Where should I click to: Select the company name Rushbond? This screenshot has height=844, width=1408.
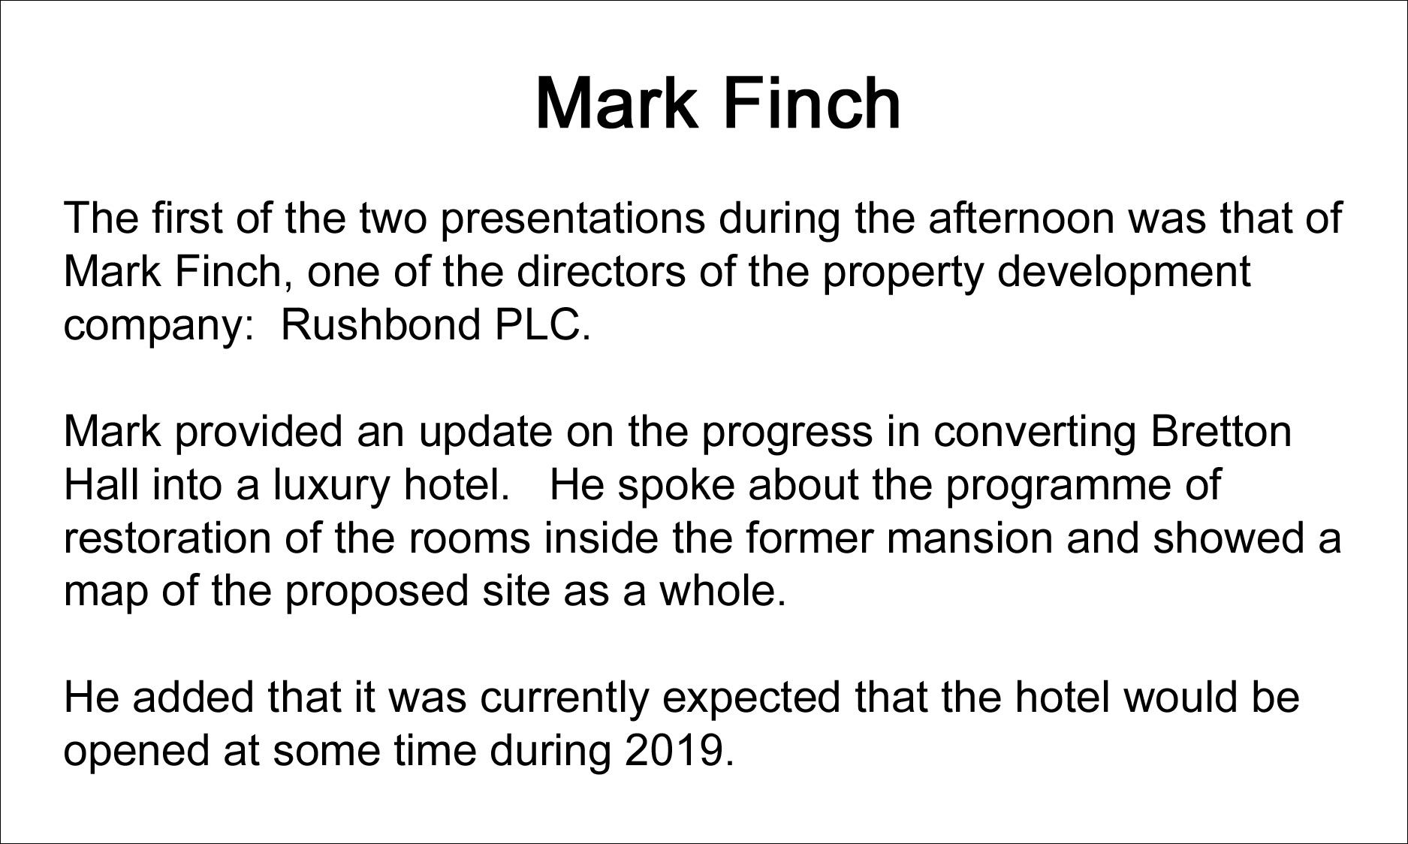tap(381, 324)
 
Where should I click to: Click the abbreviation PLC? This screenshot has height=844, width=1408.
tap(541, 324)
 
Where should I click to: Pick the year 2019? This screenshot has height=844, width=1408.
tap(679, 750)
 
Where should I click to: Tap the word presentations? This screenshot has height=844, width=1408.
tap(573, 218)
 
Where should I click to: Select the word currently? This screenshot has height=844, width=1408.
tap(564, 697)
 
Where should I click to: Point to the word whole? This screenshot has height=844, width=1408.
tap(722, 591)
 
